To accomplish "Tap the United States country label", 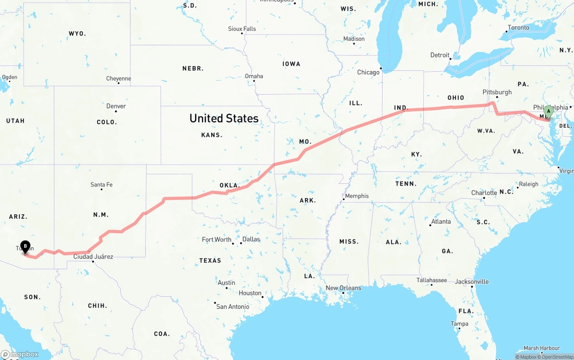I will (x=224, y=118).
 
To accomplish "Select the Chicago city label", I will (x=368, y=72).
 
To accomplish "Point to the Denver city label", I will (x=116, y=106).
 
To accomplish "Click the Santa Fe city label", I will (x=101, y=184).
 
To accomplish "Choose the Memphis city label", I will (x=357, y=196).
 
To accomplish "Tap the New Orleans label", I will (x=343, y=288).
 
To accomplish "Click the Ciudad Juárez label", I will (x=93, y=257).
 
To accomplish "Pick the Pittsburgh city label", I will (x=497, y=92).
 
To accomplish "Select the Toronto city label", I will (x=518, y=28).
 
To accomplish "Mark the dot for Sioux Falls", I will (x=242, y=34).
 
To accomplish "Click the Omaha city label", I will (x=254, y=76).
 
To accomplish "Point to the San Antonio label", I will (x=233, y=306).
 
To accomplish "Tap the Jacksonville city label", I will (x=472, y=282).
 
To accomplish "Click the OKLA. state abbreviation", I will (x=230, y=185).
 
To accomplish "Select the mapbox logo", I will (x=20, y=354).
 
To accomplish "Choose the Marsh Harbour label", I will (x=542, y=348).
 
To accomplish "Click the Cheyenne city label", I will (x=118, y=79).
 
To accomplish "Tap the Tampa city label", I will (x=460, y=324).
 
